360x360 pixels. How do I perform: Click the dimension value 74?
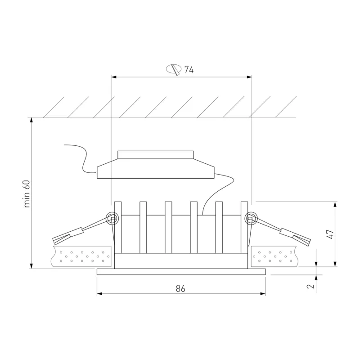coord(189,69)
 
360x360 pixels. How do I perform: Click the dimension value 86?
coord(180,288)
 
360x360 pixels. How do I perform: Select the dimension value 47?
coord(330,234)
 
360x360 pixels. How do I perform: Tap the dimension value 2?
coord(310,286)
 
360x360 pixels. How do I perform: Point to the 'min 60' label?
coord(27,194)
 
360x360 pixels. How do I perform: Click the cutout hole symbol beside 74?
coord(174,70)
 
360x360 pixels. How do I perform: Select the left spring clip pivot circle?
coord(112,218)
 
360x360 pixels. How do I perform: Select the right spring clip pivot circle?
coord(251,218)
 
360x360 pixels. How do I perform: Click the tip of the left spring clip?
coord(54,242)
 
